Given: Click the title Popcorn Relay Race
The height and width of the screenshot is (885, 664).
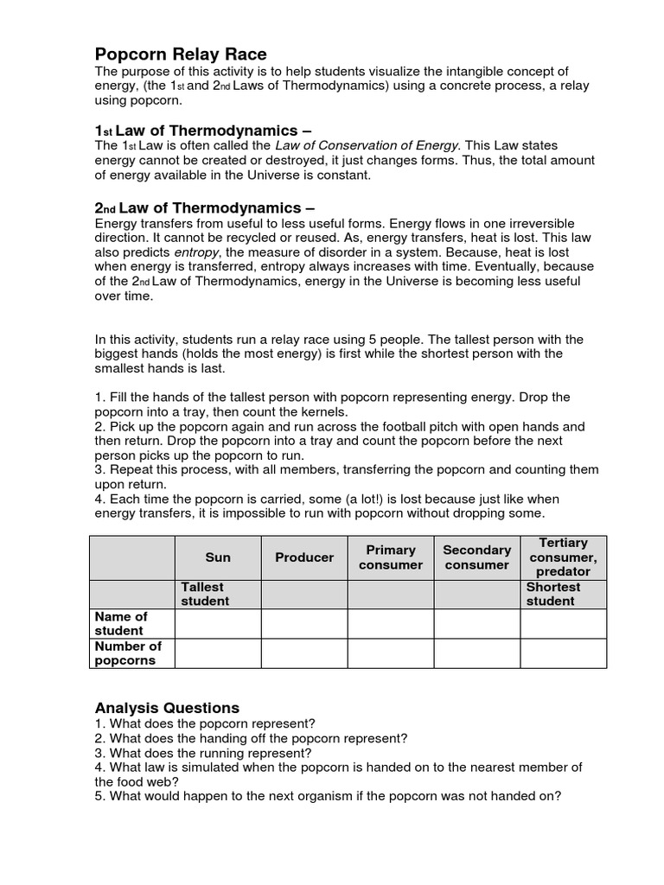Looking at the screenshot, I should [x=180, y=54].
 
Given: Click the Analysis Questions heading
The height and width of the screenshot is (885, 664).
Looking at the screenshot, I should [x=167, y=707].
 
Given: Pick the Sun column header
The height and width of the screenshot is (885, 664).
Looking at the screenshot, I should [x=218, y=557].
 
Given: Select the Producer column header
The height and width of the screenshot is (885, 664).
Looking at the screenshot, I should [x=304, y=557].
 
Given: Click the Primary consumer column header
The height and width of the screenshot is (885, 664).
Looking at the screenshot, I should [x=391, y=557].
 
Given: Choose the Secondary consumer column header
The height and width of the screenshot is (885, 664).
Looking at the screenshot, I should [x=477, y=557].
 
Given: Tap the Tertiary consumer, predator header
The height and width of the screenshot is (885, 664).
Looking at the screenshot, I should [x=563, y=557].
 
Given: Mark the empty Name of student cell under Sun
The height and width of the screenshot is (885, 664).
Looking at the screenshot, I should [x=218, y=623].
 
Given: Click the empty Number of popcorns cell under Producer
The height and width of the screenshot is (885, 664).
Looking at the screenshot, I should [x=304, y=653].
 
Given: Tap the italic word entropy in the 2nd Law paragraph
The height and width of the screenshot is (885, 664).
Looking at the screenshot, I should [x=196, y=251].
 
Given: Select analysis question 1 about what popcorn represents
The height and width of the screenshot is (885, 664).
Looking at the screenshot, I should [x=205, y=723].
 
